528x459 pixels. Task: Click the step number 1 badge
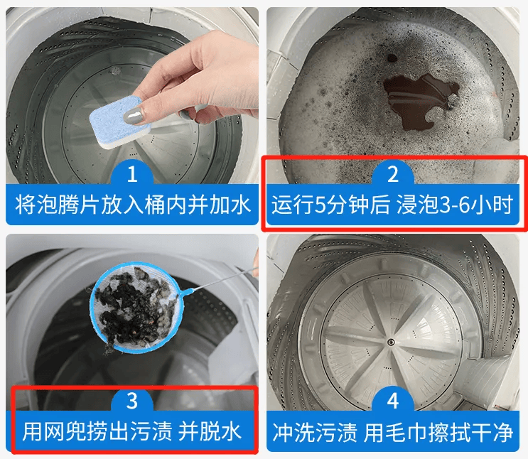pyautogui.click(x=132, y=174)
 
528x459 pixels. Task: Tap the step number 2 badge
pyautogui.click(x=393, y=174)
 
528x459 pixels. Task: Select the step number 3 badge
pyautogui.click(x=132, y=401)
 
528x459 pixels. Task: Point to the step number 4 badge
pyautogui.click(x=393, y=401)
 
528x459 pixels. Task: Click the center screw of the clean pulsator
pyautogui.click(x=391, y=342)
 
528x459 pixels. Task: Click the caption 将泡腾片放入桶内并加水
pyautogui.click(x=132, y=205)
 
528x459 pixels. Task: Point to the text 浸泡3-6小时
pyautogui.click(x=455, y=205)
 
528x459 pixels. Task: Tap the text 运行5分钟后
pyautogui.click(x=330, y=205)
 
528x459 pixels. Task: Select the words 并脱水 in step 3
pyautogui.click(x=210, y=431)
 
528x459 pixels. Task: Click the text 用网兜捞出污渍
pyautogui.click(x=97, y=431)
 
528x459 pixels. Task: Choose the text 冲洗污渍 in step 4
pyautogui.click(x=315, y=432)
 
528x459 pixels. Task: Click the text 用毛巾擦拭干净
pyautogui.click(x=438, y=432)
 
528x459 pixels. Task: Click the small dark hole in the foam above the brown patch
pyautogui.click(x=392, y=58)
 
